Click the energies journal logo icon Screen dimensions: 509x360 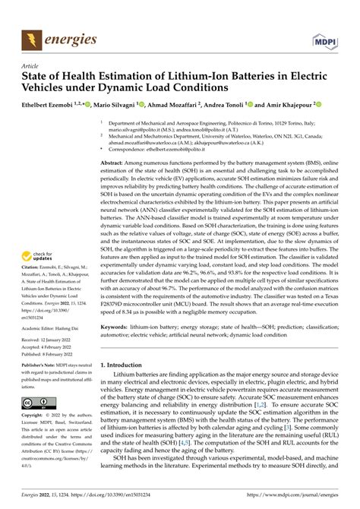pos(32,37)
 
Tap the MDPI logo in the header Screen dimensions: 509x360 pos(323,37)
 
